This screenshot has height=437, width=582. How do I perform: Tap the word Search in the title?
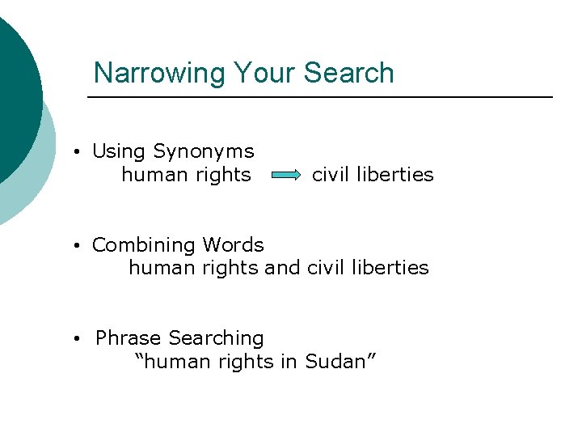pos(348,73)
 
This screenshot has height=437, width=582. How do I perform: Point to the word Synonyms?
pos(204,151)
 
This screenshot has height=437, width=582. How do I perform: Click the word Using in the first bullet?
pos(119,151)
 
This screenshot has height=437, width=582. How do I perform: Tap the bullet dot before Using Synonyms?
pos(74,152)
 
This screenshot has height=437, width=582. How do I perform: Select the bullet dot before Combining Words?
pos(74,246)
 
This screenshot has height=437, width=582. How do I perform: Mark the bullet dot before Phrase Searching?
pos(74,339)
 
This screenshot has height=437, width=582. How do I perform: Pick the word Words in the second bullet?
pos(233,245)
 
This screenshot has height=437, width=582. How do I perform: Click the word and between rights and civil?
pos(282,268)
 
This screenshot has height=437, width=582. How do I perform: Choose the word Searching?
pos(217,338)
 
